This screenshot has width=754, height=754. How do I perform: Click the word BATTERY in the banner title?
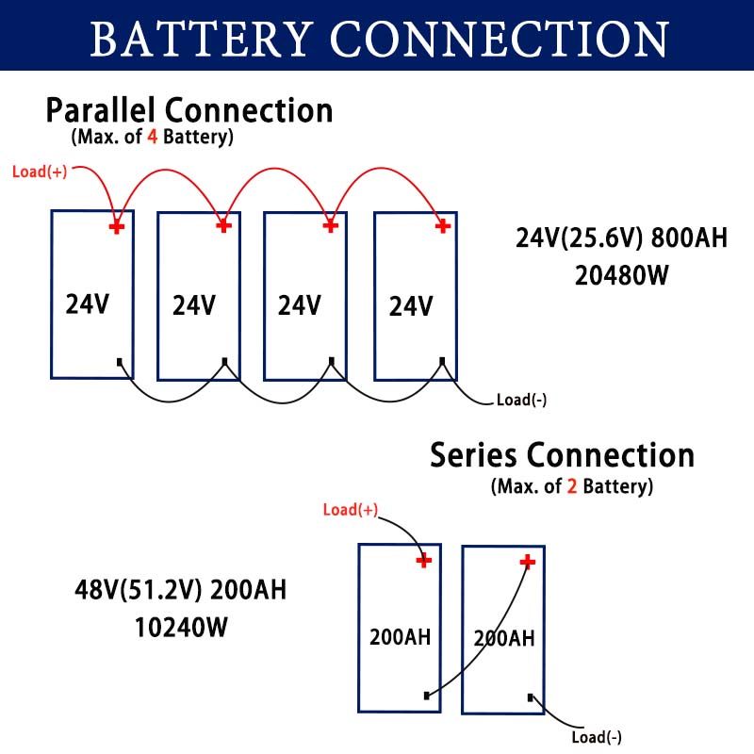tap(200, 39)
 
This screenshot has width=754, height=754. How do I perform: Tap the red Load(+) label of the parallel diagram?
tap(40, 172)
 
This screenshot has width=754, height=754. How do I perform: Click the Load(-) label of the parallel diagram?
tap(521, 400)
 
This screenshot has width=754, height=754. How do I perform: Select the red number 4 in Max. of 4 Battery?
tap(153, 137)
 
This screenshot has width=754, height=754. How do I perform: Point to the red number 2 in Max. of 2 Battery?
tap(572, 486)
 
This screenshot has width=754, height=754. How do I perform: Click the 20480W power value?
tap(622, 275)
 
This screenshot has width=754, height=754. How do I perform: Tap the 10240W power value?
tap(181, 628)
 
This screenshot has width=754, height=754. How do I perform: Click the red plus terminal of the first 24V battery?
tap(116, 227)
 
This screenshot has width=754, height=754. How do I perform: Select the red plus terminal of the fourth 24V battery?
tap(443, 225)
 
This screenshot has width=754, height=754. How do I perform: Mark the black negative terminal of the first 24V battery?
tap(120, 362)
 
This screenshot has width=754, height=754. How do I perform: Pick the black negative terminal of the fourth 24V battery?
tap(442, 361)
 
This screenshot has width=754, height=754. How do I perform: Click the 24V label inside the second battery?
tap(194, 305)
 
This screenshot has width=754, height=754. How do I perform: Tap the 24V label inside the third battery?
tap(300, 305)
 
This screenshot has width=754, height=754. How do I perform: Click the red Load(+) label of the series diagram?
tap(351, 510)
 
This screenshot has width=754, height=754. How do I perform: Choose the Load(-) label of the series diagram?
tap(597, 737)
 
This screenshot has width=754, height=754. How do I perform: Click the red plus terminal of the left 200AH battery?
tap(423, 560)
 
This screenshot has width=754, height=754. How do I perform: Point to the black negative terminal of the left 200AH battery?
tap(427, 696)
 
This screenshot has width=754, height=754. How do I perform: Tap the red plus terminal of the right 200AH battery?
tap(528, 561)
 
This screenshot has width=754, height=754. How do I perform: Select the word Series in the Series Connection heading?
tap(474, 455)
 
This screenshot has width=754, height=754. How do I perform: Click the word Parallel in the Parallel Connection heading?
tap(101, 110)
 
